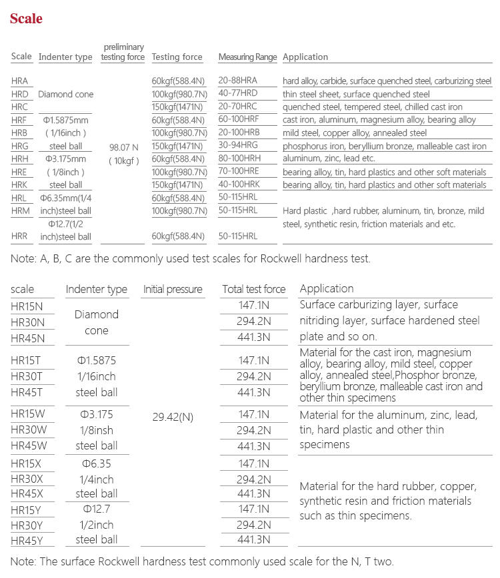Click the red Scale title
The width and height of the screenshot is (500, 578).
pyautogui.click(x=26, y=19)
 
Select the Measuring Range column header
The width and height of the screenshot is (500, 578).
pyautogui.click(x=247, y=57)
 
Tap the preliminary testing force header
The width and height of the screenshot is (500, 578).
pyautogui.click(x=123, y=52)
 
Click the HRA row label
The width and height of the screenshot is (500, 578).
pyautogui.click(x=20, y=81)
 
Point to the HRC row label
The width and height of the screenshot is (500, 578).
pyautogui.click(x=20, y=107)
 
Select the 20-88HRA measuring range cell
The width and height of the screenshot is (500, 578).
pyautogui.click(x=238, y=81)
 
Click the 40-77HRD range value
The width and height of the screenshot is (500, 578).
pyautogui.click(x=238, y=94)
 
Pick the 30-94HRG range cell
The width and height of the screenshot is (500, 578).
pyautogui.click(x=238, y=146)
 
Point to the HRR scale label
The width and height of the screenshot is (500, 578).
pyautogui.click(x=20, y=236)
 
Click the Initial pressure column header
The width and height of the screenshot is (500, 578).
pyautogui.click(x=173, y=290)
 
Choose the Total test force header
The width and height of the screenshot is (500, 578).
pyautogui.click(x=253, y=290)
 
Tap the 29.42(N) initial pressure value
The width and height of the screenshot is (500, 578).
pyautogui.click(x=173, y=417)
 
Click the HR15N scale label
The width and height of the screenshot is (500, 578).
pyautogui.click(x=28, y=306)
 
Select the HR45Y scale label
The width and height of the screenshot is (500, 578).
pyautogui.click(x=28, y=541)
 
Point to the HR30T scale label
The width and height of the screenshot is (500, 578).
pyautogui.click(x=28, y=377)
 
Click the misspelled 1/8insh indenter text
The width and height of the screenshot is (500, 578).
pyautogui.click(x=97, y=430)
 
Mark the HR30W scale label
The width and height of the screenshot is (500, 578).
pyautogui.click(x=29, y=430)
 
